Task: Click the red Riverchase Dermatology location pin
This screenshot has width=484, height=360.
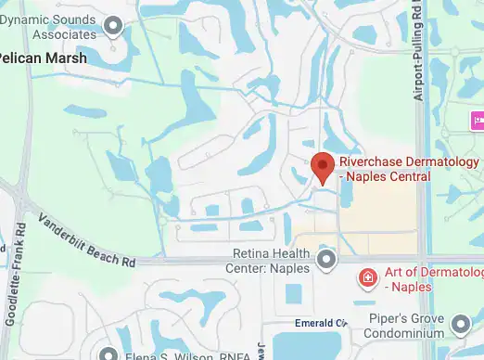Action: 322,165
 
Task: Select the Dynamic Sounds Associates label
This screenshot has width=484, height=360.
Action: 48,26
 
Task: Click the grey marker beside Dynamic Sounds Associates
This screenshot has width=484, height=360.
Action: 114,25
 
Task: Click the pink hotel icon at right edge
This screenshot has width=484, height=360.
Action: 478,120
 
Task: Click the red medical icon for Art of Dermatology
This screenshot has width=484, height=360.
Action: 367,277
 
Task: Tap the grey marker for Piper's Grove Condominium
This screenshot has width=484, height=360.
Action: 462,325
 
